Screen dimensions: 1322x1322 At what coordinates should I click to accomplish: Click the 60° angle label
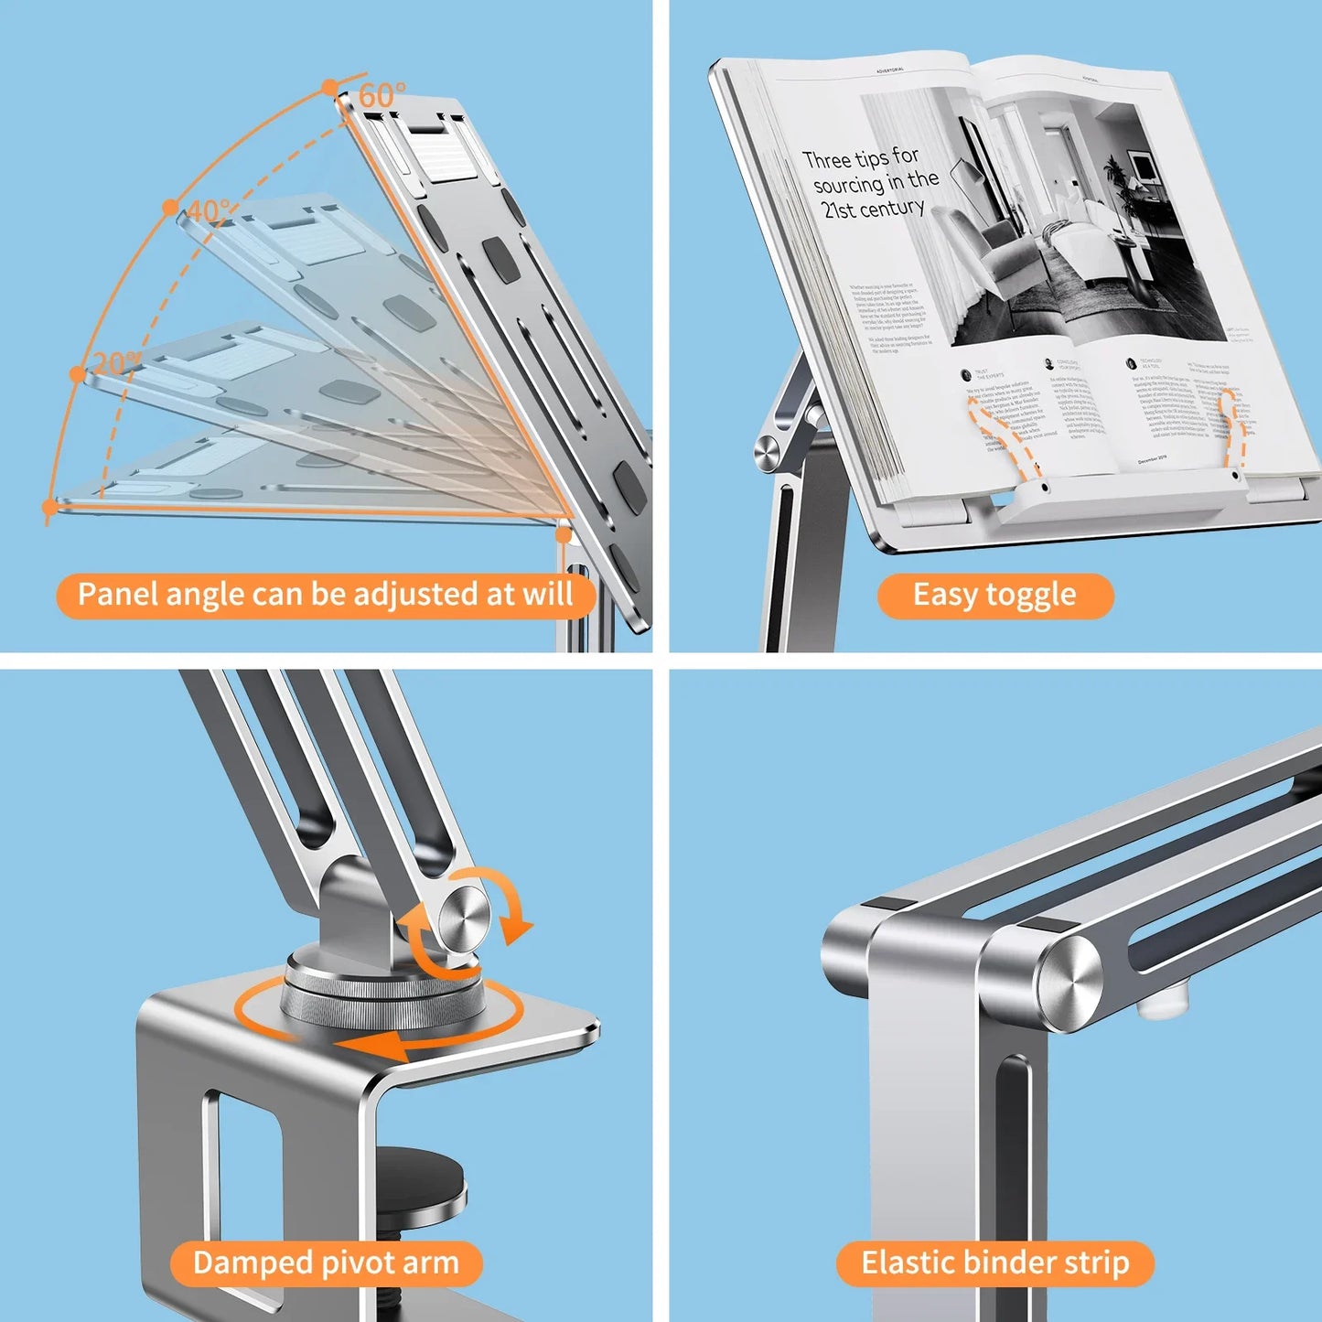tap(382, 95)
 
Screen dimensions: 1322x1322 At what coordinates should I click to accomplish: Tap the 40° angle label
tap(210, 211)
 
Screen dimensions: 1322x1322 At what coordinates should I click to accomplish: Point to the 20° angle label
tap(116, 362)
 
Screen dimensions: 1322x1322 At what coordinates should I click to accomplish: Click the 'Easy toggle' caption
tap(994, 596)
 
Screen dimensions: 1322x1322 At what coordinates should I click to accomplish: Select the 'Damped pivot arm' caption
tap(326, 1263)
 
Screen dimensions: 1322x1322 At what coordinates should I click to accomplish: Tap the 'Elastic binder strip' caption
tap(994, 1263)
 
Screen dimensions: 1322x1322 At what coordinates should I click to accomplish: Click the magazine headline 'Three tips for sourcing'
tap(870, 183)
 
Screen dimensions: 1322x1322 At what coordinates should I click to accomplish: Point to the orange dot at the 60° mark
tap(329, 88)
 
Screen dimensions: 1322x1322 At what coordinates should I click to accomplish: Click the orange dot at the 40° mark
tap(170, 208)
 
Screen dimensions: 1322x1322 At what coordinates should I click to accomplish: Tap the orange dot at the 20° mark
tap(78, 373)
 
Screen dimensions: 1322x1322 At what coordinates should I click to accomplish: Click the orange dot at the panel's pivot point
tap(564, 532)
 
